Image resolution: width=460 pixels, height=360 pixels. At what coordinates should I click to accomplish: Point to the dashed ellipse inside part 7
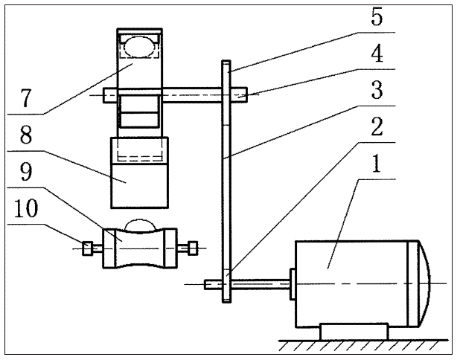pos(139,47)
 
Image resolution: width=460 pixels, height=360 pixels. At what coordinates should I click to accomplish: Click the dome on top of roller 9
pos(139,224)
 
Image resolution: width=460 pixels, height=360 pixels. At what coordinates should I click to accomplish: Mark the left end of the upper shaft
pos(110,95)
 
